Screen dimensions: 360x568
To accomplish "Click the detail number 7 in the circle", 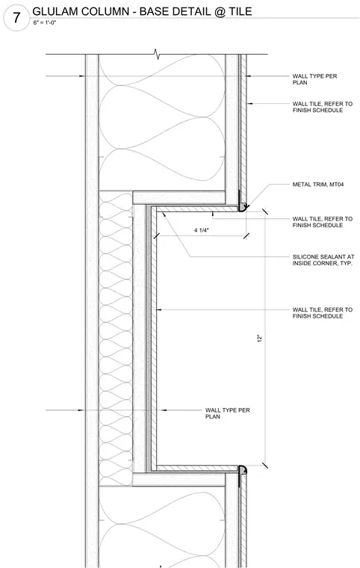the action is coord(16,18).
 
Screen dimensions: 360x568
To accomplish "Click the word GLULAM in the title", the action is coord(55,11).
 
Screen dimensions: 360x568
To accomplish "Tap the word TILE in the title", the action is coord(240,11).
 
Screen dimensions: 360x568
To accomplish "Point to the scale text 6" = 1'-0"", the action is coord(45,23).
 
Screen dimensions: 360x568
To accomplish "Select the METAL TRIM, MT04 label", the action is coord(318,185).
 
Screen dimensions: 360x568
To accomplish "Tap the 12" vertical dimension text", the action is coord(259,339).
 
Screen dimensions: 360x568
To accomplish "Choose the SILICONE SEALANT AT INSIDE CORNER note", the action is coord(323,260).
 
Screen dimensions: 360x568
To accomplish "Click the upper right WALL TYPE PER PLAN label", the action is coord(314,79).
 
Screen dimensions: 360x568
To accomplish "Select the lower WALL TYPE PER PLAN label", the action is coord(228,413).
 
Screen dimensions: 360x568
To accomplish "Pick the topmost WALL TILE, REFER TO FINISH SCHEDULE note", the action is coord(323,107).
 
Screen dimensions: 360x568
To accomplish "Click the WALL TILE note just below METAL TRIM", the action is coord(323,222).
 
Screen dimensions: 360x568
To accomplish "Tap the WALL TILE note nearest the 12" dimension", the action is coord(323,312).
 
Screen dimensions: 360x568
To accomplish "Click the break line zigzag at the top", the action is coord(156,54).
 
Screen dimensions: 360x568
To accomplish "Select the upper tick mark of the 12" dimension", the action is coord(265,212).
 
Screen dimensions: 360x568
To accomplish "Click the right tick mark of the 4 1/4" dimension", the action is coord(246,236).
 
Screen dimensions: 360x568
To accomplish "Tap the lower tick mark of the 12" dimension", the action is coord(265,465).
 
